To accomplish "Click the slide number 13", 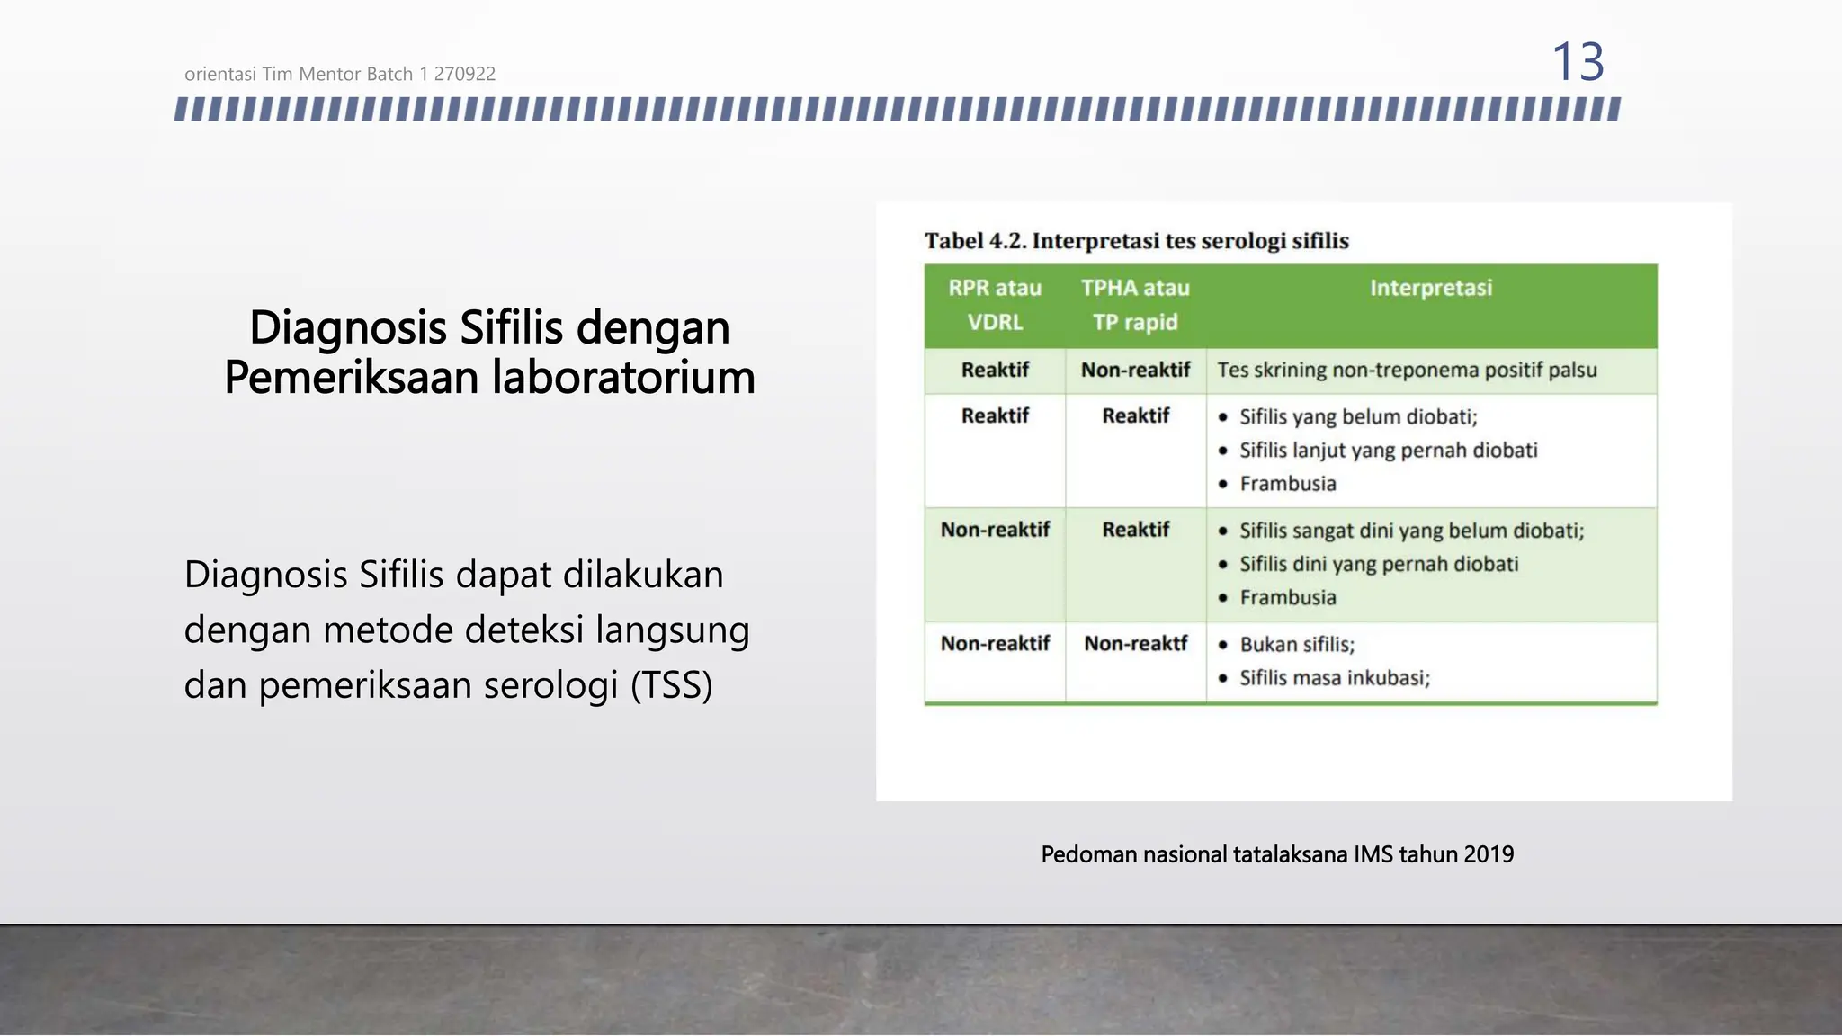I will click(x=1578, y=62).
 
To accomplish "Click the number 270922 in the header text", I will click(x=464, y=75).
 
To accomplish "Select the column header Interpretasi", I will click(x=1430, y=289).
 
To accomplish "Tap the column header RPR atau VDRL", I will click(x=995, y=305).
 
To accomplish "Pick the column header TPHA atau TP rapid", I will click(x=1135, y=305).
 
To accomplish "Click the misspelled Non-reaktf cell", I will click(x=1135, y=644).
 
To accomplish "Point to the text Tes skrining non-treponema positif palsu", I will click(x=1407, y=371).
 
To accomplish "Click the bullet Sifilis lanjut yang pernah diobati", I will click(x=1388, y=451).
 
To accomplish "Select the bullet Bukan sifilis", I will click(x=1296, y=645).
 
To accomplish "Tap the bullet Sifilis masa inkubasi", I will click(x=1334, y=678).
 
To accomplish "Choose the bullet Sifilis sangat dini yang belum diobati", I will click(x=1411, y=531).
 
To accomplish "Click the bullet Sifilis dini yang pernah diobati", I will click(x=1378, y=565).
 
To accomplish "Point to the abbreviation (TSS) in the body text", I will click(x=671, y=685).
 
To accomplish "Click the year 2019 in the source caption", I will click(x=1489, y=854).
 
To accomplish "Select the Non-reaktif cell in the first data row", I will click(x=1135, y=371).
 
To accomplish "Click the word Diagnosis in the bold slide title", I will click(x=347, y=327).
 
